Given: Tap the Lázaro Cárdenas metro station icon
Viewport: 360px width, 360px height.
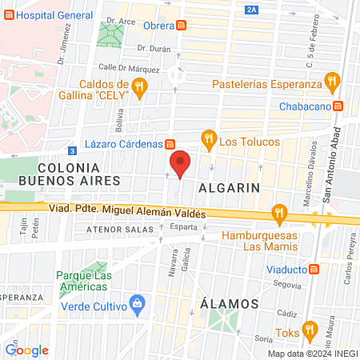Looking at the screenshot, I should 170,144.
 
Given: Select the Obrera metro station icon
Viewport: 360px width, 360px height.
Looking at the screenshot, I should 184,25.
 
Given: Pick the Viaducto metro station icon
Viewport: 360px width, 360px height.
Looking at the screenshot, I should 315,270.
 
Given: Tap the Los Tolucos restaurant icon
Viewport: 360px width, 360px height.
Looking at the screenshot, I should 209,139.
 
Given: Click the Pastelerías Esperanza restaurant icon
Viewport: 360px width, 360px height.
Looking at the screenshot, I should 330,81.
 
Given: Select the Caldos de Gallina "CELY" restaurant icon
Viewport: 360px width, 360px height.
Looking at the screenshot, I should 140,87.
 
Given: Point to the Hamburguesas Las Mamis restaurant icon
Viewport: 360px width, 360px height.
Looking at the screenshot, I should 278,212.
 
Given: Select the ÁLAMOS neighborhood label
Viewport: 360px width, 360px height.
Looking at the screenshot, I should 228,304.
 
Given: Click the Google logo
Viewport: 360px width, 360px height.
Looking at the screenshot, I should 26,350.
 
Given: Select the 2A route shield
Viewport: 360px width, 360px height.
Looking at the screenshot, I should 254,10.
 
